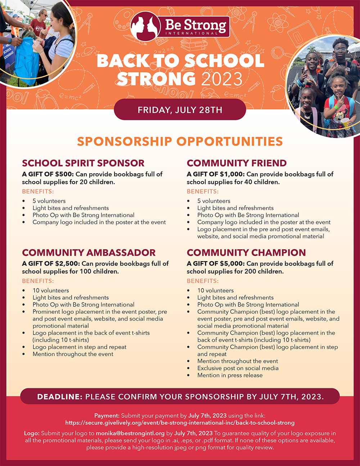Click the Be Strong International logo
(180, 26)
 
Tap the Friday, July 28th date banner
(180, 110)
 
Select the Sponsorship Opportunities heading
(180, 142)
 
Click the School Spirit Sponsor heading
(83, 163)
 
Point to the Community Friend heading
(237, 163)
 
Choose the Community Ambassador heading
(89, 252)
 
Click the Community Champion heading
(246, 252)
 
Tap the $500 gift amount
(64, 174)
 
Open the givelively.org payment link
(180, 423)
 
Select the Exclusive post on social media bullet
(238, 368)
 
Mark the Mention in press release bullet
(230, 375)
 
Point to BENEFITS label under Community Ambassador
(38, 281)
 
